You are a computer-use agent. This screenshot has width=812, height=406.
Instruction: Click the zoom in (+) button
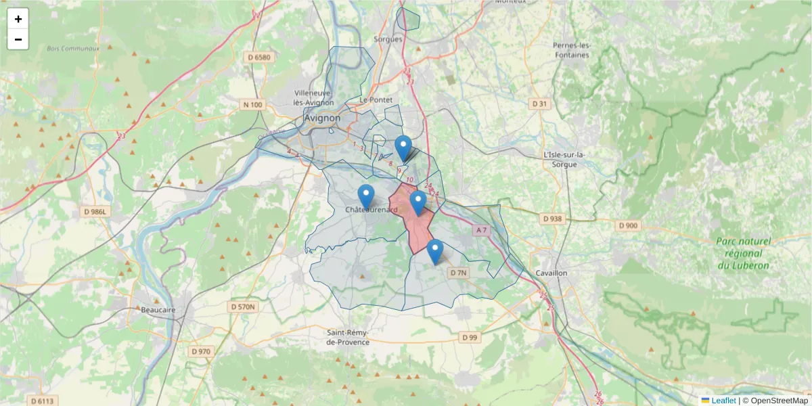click(18, 19)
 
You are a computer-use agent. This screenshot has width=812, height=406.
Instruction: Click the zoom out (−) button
click(18, 39)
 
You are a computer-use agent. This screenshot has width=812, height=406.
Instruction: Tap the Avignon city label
click(323, 118)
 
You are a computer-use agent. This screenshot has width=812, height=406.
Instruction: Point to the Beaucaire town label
click(158, 309)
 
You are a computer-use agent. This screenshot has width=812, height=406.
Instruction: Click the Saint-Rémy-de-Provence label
click(348, 337)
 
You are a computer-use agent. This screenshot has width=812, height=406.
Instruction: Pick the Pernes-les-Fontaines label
click(572, 50)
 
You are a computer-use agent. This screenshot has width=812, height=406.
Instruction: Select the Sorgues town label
click(388, 39)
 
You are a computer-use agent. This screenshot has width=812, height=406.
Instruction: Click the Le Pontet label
click(376, 99)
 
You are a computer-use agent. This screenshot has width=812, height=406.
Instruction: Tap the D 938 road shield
click(553, 219)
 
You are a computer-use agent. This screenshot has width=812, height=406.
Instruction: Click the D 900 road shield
click(628, 225)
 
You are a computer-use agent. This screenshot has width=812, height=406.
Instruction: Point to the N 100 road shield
click(252, 104)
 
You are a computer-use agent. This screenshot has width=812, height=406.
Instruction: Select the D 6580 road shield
click(258, 58)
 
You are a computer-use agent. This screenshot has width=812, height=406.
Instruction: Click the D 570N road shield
click(244, 307)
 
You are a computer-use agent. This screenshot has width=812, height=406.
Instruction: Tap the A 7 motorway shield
click(481, 231)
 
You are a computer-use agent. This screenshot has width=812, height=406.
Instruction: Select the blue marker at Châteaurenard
click(365, 196)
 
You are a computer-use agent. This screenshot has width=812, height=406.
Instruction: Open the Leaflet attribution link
click(723, 401)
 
